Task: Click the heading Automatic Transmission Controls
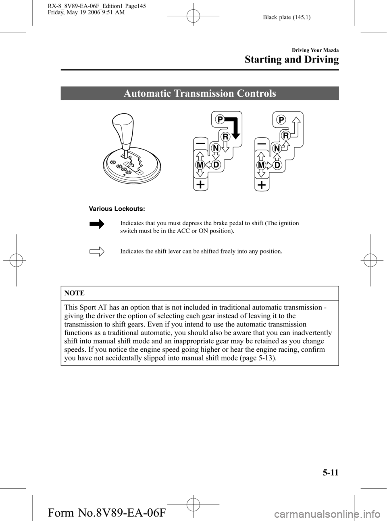[x=200, y=93]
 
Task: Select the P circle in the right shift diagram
[x=281, y=119]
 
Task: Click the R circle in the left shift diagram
[x=225, y=137]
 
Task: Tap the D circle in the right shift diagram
[x=277, y=165]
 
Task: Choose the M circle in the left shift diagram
[x=200, y=165]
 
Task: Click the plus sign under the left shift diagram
[x=201, y=185]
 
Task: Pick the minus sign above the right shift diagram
[x=262, y=143]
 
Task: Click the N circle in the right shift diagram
[x=277, y=149]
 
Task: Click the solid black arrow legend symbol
[x=97, y=224]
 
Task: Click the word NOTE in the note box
[x=75, y=293]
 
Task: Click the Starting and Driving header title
[x=292, y=60]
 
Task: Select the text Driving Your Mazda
[x=315, y=50]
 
